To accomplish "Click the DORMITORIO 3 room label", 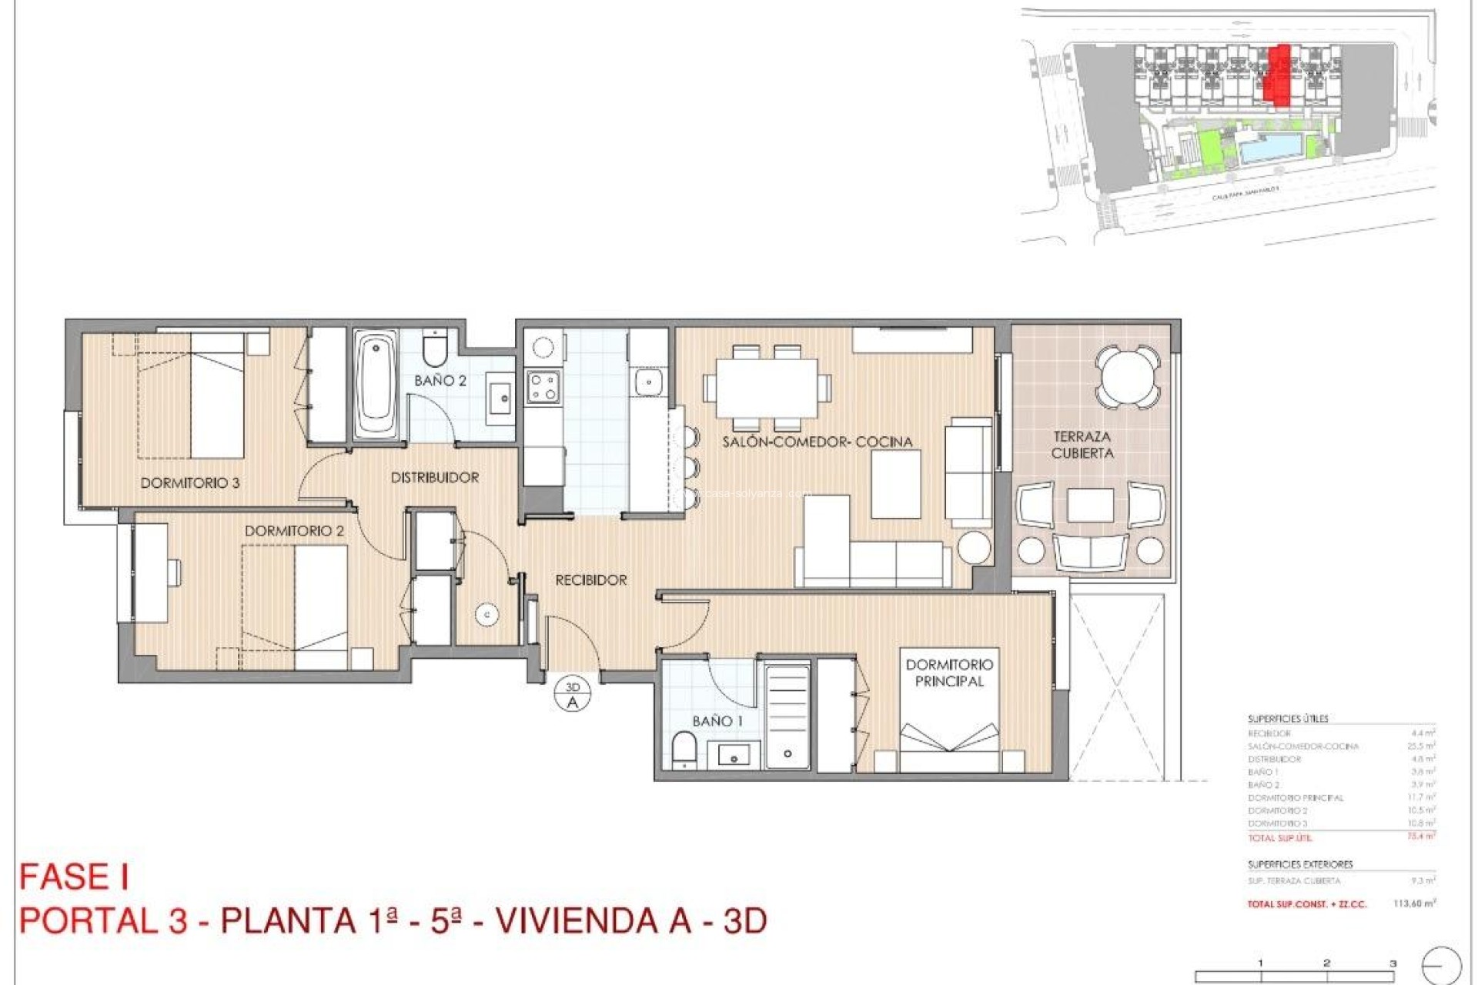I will coord(189,483).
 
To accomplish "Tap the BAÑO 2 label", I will coord(440,380).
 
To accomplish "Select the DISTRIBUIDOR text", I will coord(434,478).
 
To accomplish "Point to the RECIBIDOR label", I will coord(590,580).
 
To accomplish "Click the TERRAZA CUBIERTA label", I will coord(1082,445).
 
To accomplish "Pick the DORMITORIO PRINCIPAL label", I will coord(948,673).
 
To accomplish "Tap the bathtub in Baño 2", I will coord(376,385).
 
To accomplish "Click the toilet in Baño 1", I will coord(684,750).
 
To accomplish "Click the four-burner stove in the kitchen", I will coord(543,386).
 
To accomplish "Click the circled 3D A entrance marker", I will coord(572,694).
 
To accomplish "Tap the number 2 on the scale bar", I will coord(1326,963).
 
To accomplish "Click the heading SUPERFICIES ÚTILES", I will coord(1288,719).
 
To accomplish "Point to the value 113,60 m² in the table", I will coord(1413,904).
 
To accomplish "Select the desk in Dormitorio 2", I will coord(150,573).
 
